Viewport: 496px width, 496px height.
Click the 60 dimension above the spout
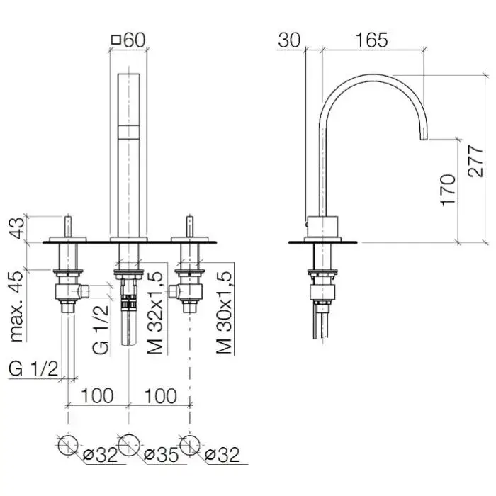click(x=135, y=40)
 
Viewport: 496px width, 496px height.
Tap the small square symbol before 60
click(x=116, y=40)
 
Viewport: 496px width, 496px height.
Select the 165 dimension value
click(x=371, y=40)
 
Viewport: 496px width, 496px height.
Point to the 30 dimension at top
click(x=289, y=40)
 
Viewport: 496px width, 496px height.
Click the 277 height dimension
click(x=475, y=161)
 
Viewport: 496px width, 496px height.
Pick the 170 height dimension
click(x=449, y=190)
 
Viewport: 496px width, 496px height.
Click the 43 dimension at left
click(x=16, y=228)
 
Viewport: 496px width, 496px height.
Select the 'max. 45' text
click(x=16, y=306)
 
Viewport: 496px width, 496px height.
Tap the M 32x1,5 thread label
click(x=154, y=312)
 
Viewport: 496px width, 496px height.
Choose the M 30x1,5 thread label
click(x=224, y=312)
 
